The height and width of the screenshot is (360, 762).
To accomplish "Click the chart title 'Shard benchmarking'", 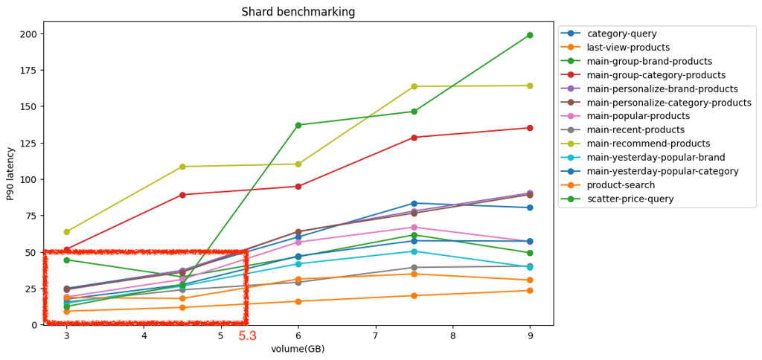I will [x=298, y=12].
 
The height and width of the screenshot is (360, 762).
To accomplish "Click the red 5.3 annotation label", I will [x=247, y=336].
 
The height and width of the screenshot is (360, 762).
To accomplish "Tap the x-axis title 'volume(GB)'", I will [x=298, y=349].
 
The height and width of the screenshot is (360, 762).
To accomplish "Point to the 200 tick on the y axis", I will [x=28, y=34].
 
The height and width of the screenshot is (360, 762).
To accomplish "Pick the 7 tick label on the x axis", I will [x=375, y=336].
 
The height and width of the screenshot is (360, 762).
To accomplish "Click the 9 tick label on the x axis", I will [x=530, y=336].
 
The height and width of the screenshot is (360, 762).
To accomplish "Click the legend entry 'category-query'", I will [x=621, y=33].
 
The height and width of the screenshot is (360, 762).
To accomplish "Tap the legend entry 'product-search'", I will [x=621, y=185].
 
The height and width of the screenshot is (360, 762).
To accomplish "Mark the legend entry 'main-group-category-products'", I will [x=656, y=75].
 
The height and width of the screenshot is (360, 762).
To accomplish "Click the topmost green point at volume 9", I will [x=530, y=35].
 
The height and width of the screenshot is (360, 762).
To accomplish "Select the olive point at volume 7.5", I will [x=414, y=87].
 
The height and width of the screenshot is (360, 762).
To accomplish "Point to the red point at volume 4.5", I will [x=182, y=195].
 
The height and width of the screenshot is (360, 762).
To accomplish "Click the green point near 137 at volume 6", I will [x=298, y=125].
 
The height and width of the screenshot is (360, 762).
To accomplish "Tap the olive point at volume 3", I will [x=67, y=232].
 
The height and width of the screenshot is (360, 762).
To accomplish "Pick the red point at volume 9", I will [x=530, y=128].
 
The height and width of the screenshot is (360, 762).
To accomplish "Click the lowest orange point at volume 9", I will [x=530, y=291].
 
